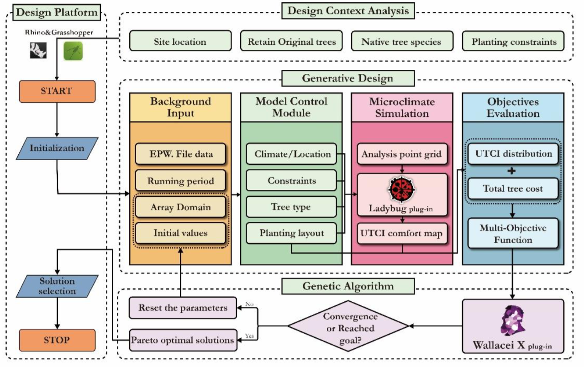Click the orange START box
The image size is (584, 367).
coord(57,91)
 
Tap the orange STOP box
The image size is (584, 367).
coord(57,340)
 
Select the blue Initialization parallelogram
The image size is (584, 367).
coord(57,148)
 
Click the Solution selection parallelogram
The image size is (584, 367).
coord(57,286)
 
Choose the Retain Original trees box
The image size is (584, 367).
coord(292,42)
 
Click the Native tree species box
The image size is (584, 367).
coord(401,42)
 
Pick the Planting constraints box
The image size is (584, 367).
coord(514,42)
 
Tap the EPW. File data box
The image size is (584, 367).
coord(180,154)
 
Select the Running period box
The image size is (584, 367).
coord(180,181)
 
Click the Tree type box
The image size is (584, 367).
coord(291,207)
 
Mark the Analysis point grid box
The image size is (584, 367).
coord(401,154)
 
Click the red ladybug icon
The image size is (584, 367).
coord(400,189)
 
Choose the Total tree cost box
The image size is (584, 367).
coord(513,188)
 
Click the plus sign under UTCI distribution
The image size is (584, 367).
coord(513,171)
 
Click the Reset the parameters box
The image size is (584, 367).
coord(183,308)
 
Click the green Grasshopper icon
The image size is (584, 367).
coord(73,51)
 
